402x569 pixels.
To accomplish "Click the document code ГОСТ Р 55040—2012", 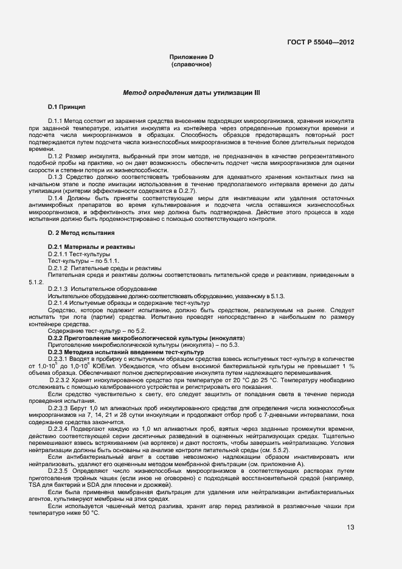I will point(321,43).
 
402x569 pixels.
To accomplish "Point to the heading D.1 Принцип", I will point(67,107).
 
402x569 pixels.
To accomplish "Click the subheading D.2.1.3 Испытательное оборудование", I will point(94,288).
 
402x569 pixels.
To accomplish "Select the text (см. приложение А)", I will point(287,464).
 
